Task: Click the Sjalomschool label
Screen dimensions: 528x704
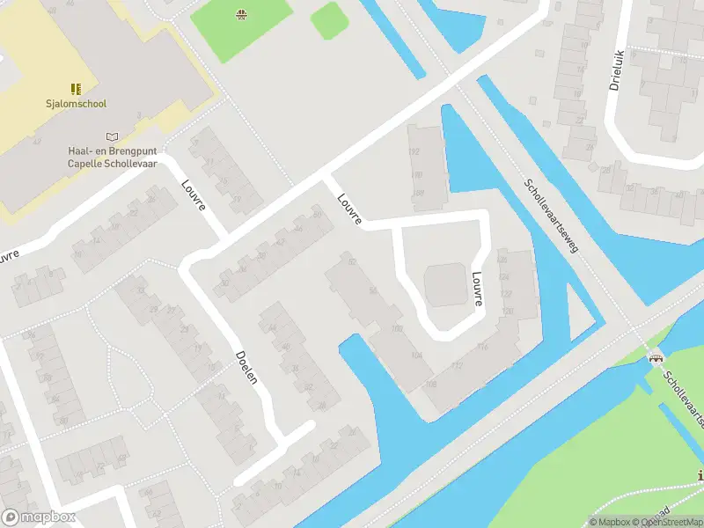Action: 76,104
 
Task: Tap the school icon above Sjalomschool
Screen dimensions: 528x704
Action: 76,88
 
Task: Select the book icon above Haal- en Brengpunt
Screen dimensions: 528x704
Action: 111,136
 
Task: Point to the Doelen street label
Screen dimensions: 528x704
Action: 246,367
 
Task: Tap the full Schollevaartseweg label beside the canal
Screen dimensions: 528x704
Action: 550,216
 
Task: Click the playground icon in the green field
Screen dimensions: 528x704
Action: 239,13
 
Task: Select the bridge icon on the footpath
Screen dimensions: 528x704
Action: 654,357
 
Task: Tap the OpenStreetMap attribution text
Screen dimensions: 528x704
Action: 665,523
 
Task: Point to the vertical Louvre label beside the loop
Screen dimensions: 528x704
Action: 477,288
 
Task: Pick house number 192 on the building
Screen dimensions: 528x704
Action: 414,151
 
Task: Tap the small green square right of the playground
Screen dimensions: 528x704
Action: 328,19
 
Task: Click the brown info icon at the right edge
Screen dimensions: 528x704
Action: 700,476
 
